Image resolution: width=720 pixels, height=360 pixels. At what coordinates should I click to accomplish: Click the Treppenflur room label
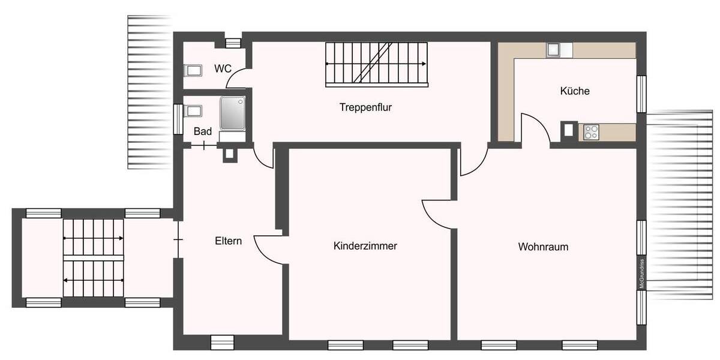click(x=365, y=107)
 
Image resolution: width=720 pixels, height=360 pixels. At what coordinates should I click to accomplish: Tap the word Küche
click(x=575, y=91)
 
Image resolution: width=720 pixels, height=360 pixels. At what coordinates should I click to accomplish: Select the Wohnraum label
click(x=543, y=247)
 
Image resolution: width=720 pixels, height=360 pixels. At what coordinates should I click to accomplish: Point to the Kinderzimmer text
click(x=365, y=246)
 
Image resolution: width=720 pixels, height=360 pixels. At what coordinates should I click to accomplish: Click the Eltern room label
click(x=228, y=241)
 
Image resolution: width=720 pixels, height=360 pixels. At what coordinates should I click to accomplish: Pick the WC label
click(x=223, y=69)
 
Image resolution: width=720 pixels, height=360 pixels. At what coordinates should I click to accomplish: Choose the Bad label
click(x=202, y=131)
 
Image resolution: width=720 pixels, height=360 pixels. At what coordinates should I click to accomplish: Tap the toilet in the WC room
click(x=192, y=71)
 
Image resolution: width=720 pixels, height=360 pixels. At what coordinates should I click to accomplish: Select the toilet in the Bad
click(x=193, y=111)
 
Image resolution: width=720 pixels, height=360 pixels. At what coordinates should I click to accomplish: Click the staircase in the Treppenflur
click(x=376, y=63)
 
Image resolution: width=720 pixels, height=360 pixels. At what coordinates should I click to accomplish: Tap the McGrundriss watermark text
click(x=641, y=273)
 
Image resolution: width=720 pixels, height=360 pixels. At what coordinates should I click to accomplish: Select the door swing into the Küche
click(x=536, y=128)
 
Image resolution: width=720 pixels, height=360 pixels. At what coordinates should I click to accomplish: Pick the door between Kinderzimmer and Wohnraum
click(x=438, y=213)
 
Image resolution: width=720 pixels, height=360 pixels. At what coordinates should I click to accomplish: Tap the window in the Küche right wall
click(x=641, y=94)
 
